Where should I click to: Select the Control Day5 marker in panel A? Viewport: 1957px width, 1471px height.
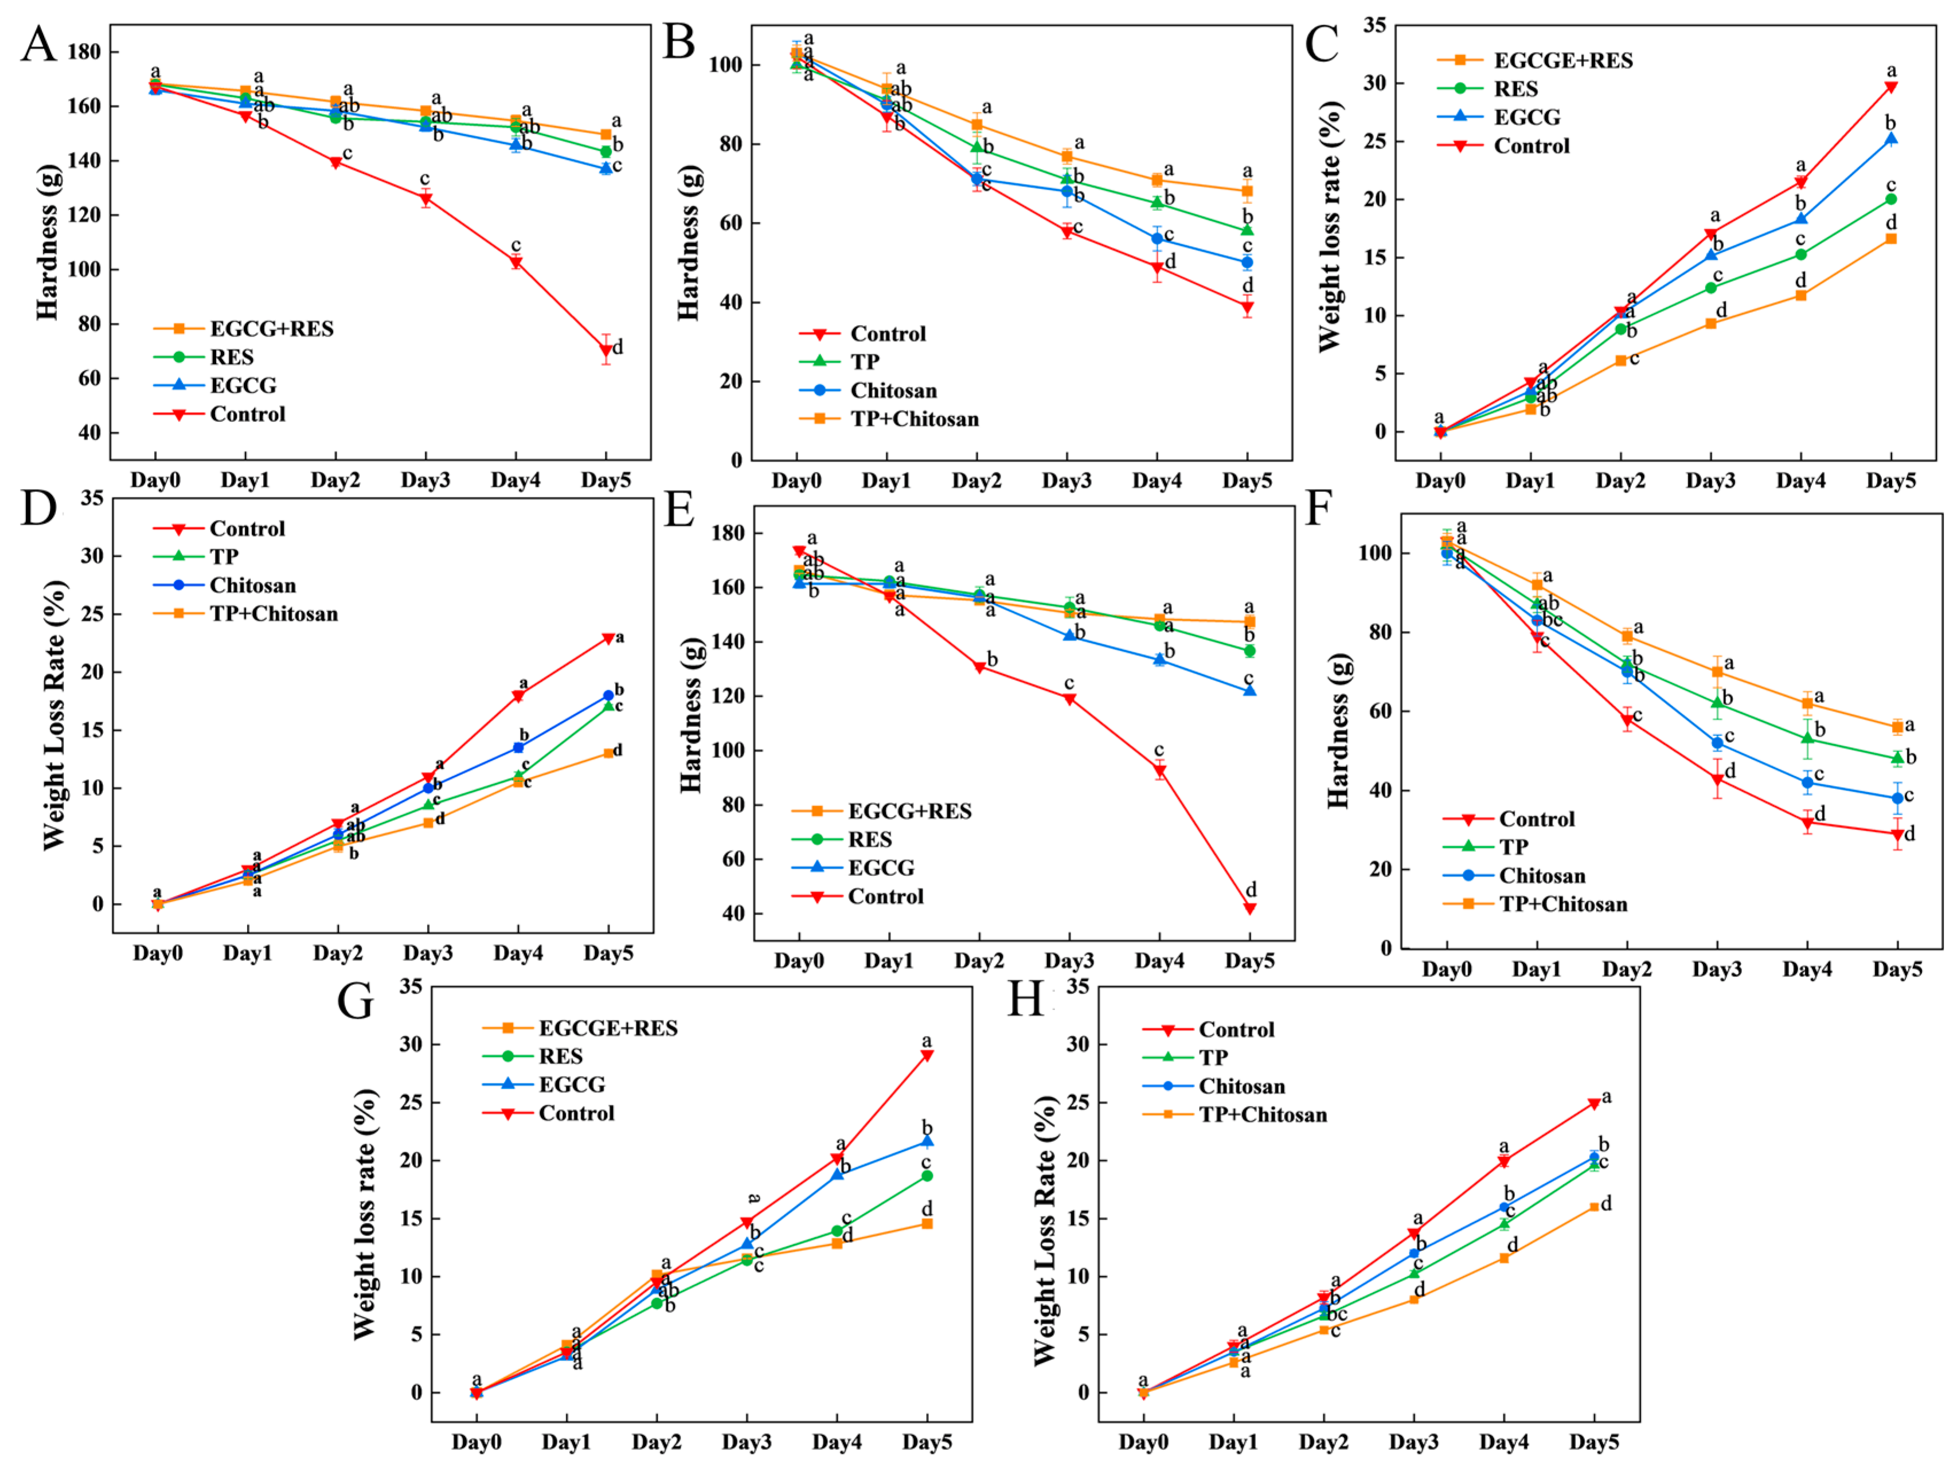click(606, 350)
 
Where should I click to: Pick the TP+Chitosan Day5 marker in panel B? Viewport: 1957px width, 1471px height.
click(1248, 191)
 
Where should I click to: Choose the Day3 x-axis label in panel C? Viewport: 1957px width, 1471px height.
click(1711, 481)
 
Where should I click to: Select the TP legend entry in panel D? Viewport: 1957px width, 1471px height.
click(223, 557)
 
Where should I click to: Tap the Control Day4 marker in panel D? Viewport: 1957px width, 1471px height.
click(518, 696)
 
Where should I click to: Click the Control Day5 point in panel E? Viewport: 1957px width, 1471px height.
click(1250, 909)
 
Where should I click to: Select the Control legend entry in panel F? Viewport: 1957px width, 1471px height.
click(1536, 819)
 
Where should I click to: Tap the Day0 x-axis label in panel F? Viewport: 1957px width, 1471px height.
click(1447, 969)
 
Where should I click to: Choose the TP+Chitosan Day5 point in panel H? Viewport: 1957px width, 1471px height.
click(1594, 1207)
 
